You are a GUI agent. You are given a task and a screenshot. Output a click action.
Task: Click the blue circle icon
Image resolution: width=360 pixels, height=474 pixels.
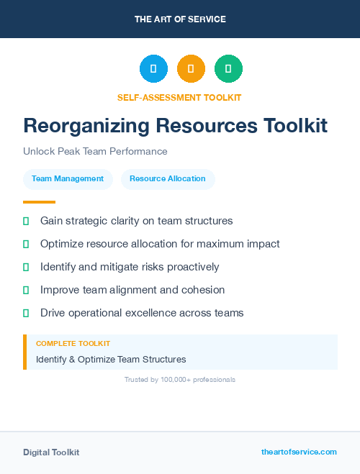pyautogui.click(x=153, y=69)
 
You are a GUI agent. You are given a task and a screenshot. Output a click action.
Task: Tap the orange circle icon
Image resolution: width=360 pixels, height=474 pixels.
pyautogui.click(x=191, y=69)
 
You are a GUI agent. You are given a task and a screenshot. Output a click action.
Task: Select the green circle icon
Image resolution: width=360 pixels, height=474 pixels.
pyautogui.click(x=228, y=69)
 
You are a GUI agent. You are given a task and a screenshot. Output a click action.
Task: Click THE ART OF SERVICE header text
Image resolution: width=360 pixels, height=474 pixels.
pyautogui.click(x=180, y=19)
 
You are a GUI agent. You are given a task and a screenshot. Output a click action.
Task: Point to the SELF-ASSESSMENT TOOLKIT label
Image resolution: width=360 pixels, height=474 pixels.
pyautogui.click(x=179, y=97)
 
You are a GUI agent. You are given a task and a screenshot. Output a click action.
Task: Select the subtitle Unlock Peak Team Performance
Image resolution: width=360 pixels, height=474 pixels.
pyautogui.click(x=95, y=152)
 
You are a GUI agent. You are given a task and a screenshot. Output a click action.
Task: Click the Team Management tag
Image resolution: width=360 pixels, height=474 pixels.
pyautogui.click(x=68, y=178)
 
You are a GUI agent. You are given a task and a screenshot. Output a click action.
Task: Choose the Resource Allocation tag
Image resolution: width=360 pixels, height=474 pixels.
pyautogui.click(x=167, y=178)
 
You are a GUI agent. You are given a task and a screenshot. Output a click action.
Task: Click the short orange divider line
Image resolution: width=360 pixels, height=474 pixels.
pyautogui.click(x=39, y=202)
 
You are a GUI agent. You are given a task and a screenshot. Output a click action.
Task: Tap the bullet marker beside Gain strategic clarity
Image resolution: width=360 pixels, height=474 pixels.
pyautogui.click(x=26, y=221)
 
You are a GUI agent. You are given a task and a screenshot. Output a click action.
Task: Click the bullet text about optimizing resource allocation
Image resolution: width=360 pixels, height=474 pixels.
pyautogui.click(x=160, y=244)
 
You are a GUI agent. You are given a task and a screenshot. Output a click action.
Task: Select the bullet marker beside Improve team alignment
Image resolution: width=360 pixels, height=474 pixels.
pyautogui.click(x=26, y=290)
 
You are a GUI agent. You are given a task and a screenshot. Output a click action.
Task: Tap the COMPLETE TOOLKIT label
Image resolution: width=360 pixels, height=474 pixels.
pyautogui.click(x=73, y=344)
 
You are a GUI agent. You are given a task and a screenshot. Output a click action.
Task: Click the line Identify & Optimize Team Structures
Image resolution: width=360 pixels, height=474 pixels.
pyautogui.click(x=111, y=359)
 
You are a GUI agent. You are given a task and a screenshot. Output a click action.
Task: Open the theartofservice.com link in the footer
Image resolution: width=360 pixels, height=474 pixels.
pyautogui.click(x=299, y=452)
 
